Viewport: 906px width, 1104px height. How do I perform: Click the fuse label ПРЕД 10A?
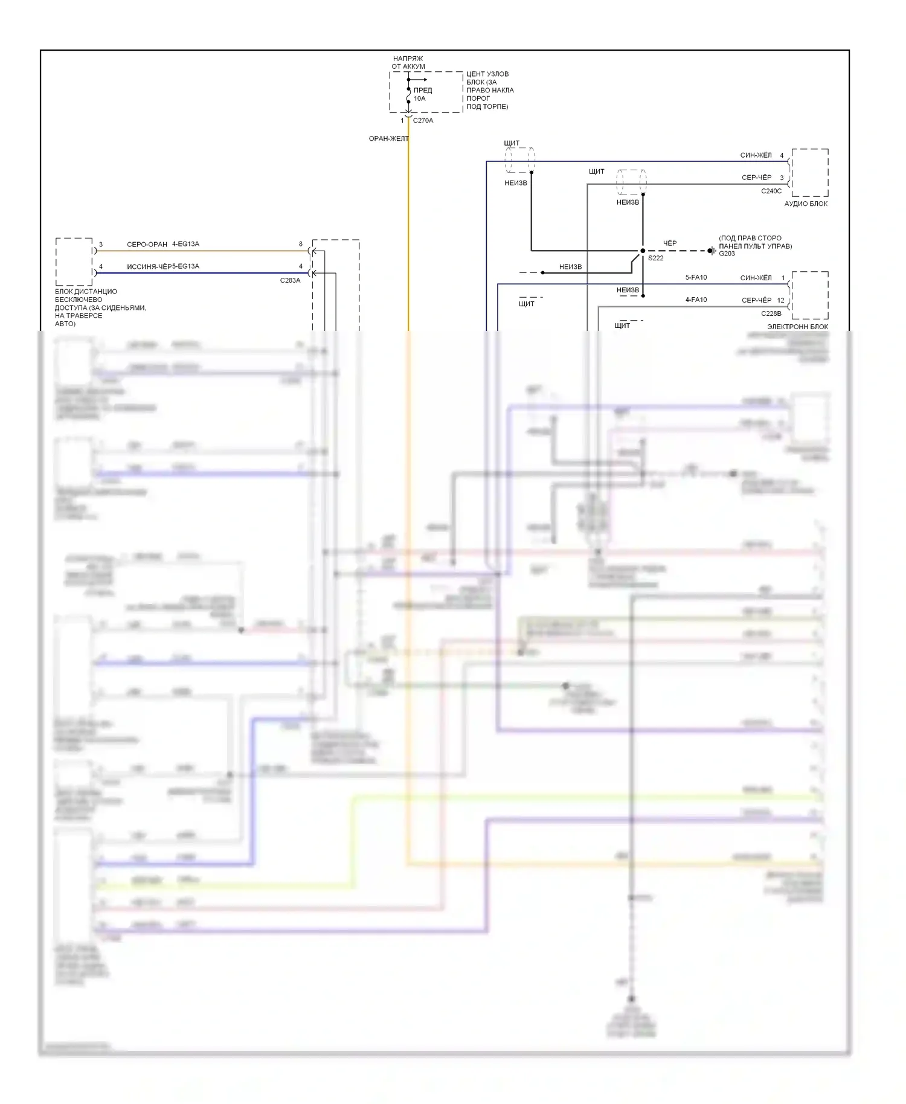tap(422, 94)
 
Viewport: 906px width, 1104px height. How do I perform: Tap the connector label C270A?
tap(423, 121)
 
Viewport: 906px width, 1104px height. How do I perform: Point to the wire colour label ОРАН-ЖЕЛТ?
tap(388, 139)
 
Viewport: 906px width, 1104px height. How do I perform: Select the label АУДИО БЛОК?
tap(806, 204)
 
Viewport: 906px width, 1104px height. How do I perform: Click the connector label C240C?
tap(771, 191)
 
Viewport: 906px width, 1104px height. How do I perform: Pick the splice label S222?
tap(655, 258)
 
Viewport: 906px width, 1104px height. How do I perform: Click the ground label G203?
tap(727, 254)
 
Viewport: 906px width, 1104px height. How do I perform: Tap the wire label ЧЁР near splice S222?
tap(670, 243)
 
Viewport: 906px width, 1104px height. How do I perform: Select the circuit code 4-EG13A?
tap(185, 245)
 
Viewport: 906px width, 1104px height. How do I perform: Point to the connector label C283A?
tap(290, 281)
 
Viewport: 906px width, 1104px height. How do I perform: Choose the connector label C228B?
tap(771, 314)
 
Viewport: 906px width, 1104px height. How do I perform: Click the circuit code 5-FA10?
tap(696, 278)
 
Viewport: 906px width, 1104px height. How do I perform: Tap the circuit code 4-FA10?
tap(696, 300)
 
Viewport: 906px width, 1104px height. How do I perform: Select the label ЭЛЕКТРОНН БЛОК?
tap(797, 327)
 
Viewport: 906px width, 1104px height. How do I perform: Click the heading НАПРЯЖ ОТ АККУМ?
tap(408, 63)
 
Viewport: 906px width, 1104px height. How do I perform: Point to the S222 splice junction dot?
tap(643, 251)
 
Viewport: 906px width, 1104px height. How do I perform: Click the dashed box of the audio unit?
tap(810, 173)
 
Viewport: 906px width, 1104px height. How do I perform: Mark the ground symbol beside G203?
tap(712, 251)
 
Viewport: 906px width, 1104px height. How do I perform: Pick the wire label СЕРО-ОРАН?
tap(147, 245)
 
